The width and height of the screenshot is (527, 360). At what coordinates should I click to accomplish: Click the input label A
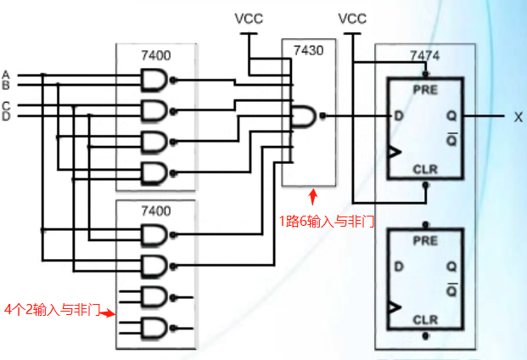6,73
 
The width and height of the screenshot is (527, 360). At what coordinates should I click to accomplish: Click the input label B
6,84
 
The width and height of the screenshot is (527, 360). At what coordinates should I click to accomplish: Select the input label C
6,105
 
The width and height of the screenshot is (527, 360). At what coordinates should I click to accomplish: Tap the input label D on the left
6,116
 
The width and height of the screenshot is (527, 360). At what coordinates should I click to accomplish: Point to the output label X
518,117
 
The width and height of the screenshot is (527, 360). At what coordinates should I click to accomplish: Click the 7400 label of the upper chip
155,55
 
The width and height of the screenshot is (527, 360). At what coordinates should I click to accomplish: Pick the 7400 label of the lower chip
155,209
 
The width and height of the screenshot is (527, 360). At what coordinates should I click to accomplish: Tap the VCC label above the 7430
249,18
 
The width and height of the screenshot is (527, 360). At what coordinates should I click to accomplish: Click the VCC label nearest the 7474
352,18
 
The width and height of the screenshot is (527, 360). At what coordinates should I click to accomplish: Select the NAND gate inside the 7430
305,115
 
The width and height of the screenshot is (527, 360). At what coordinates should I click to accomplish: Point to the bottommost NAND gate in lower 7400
155,328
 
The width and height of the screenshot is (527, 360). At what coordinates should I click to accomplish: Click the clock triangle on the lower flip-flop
393,307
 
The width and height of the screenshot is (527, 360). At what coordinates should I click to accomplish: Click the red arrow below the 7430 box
312,197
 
